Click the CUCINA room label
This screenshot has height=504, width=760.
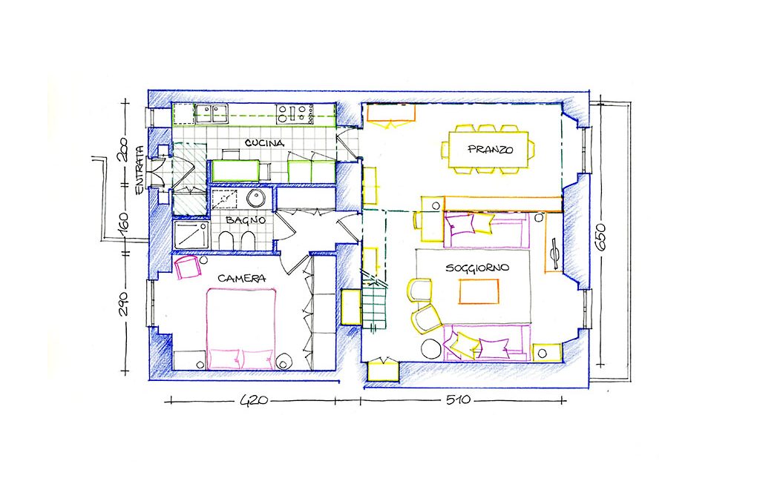[264, 143]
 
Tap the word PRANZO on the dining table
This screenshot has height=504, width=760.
[490, 149]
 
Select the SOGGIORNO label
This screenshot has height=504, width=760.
[477, 268]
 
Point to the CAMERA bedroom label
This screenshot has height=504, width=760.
[241, 279]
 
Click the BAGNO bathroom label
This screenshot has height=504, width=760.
[246, 220]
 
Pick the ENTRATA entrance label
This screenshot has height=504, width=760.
[140, 170]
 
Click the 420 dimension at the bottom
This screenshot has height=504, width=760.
[254, 400]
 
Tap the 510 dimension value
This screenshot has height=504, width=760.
[457, 400]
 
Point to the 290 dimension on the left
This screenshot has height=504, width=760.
[124, 304]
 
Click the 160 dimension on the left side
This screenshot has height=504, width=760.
[123, 222]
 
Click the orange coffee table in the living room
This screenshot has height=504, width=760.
[479, 293]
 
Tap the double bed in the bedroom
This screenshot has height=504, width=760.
[241, 329]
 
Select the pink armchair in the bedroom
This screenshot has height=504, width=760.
[188, 268]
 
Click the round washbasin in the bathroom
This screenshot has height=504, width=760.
[255, 198]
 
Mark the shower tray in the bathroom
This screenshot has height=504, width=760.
[191, 236]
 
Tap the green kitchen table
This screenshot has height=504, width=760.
[235, 170]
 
